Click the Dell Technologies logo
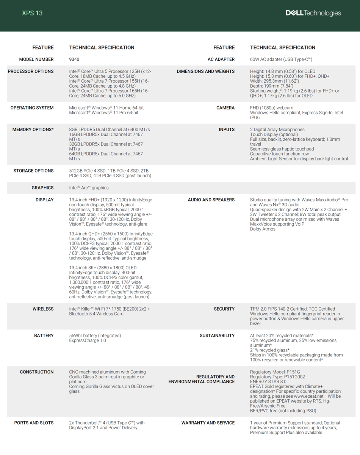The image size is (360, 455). [x=313, y=13]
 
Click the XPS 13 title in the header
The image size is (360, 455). [x=32, y=13]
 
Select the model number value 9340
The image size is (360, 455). [x=74, y=60]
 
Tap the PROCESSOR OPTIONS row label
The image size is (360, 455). [x=31, y=72]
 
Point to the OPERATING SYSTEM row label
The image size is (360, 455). [x=32, y=108]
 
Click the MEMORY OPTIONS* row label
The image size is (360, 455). [x=33, y=130]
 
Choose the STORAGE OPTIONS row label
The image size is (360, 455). [x=33, y=171]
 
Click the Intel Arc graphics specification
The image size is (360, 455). [x=89, y=188]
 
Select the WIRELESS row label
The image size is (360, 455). [x=43, y=309]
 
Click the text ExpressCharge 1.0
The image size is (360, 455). [x=88, y=340]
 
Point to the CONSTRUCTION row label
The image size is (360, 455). [x=37, y=372]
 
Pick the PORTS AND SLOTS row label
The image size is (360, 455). [x=34, y=423]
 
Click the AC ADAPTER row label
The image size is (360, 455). [x=221, y=60]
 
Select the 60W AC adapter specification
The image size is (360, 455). [x=281, y=60]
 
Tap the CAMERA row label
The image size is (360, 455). [x=225, y=108]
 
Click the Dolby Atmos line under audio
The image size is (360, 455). [x=263, y=229]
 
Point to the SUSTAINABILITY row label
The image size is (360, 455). [x=217, y=336]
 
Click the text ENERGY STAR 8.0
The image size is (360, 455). [x=268, y=382]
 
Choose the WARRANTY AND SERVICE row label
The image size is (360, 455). [x=208, y=423]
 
